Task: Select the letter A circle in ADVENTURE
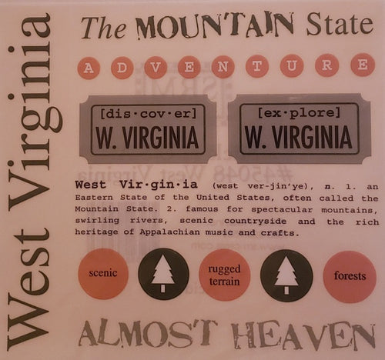tap(90, 68)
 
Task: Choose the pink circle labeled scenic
tap(102, 273)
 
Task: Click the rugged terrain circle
tap(224, 274)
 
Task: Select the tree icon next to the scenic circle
tap(163, 274)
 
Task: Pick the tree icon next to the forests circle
tap(286, 274)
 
